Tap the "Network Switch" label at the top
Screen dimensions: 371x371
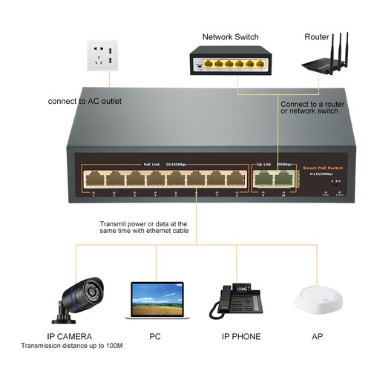(x=231, y=37)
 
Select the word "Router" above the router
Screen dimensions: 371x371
(x=318, y=37)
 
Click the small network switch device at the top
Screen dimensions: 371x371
(x=230, y=62)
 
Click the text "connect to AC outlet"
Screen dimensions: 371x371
(x=85, y=101)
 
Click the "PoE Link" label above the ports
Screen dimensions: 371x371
(x=151, y=164)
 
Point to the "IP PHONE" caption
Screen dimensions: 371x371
(x=241, y=336)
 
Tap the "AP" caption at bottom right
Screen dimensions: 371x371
(x=317, y=336)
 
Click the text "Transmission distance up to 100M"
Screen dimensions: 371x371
(x=71, y=347)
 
